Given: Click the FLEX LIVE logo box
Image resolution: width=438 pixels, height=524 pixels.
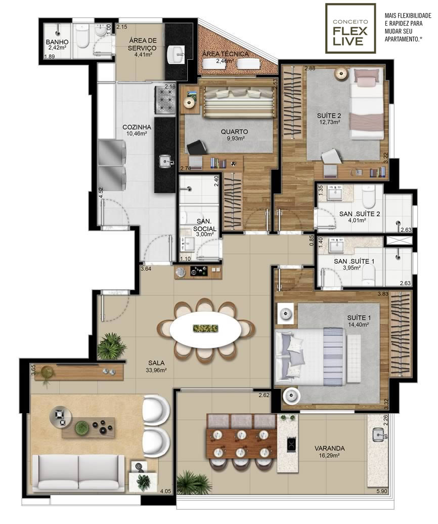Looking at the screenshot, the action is [351, 28].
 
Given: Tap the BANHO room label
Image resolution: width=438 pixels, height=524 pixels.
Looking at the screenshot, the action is [57, 42].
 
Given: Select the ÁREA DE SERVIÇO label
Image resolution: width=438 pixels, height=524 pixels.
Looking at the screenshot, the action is [143, 44].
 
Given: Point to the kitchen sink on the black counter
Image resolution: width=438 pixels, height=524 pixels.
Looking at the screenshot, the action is [165, 161].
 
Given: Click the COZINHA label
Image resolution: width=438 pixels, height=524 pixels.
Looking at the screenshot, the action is [137, 127].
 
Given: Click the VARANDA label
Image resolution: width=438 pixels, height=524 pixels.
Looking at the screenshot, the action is [329, 449].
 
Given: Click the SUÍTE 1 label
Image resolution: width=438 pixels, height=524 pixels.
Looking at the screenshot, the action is [359, 318].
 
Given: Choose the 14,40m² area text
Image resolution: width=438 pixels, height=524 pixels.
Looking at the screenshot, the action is [359, 325].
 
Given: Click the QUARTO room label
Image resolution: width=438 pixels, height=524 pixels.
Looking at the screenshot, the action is [234, 132].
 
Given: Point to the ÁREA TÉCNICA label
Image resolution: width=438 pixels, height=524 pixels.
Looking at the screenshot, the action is [226, 54].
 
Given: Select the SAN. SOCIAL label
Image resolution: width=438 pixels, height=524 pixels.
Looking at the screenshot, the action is [204, 225].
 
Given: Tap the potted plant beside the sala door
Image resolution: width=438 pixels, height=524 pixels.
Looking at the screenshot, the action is [111, 346].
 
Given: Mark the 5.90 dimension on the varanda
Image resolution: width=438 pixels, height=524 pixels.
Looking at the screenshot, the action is [381, 491].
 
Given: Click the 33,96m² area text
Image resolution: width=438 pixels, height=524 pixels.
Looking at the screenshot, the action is [156, 370].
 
